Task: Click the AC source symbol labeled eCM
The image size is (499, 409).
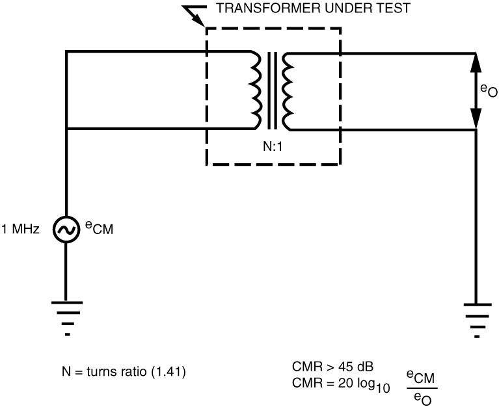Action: tap(67, 230)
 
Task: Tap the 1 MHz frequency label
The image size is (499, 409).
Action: tap(23, 230)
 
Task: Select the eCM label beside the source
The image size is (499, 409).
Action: tap(99, 228)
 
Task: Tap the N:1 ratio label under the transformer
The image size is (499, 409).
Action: tap(273, 146)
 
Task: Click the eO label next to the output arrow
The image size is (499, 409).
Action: tap(489, 91)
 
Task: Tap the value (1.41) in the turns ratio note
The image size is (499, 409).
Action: tap(170, 373)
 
